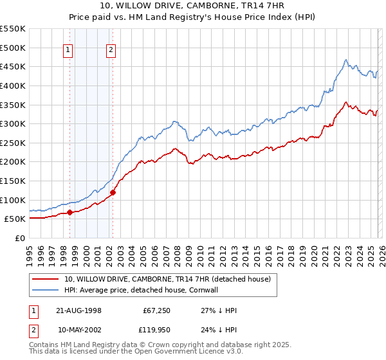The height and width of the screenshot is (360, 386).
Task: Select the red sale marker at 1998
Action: point(69,212)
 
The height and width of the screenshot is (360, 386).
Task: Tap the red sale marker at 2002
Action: point(113,192)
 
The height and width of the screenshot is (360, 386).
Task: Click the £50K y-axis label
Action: point(15,219)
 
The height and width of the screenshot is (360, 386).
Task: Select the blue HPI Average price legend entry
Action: point(142,290)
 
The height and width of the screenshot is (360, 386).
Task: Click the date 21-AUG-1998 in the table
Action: point(79,310)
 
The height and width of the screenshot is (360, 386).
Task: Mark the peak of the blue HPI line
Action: point(345,60)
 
